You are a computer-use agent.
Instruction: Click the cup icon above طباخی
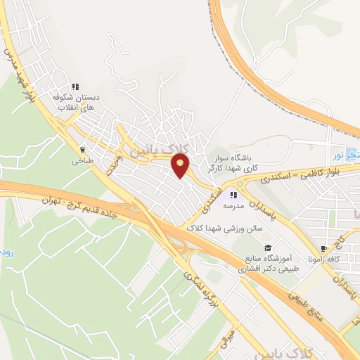pos(83,150)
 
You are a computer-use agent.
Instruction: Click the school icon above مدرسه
pos(233,195)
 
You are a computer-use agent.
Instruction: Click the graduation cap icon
pos(267,247)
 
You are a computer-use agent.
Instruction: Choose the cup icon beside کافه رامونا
pos(324,248)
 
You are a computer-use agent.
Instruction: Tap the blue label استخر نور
pos(346,153)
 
